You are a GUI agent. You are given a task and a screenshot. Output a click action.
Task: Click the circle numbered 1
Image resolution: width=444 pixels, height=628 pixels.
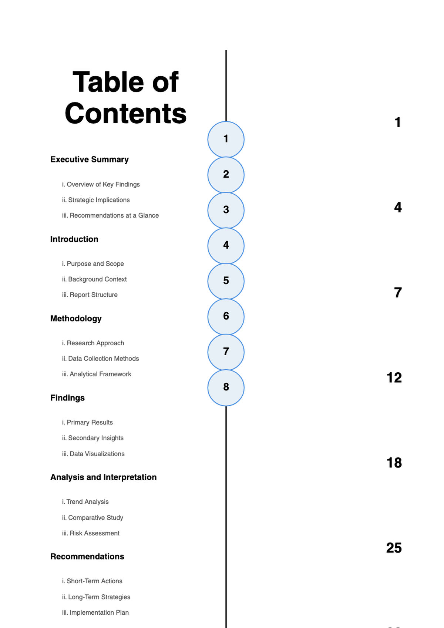226,139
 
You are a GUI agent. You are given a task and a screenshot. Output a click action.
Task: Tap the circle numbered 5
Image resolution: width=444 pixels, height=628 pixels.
226,281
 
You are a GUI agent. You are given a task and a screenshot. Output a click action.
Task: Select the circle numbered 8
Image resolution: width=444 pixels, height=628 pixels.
226,387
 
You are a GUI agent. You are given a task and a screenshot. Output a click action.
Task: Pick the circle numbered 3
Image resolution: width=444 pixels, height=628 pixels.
226,210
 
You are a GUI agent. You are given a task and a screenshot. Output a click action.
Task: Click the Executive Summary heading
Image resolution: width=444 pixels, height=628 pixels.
90,159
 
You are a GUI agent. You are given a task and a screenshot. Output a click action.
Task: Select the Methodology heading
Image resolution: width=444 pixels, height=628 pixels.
76,319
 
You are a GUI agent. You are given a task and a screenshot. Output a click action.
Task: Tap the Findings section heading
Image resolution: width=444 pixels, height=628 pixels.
67,398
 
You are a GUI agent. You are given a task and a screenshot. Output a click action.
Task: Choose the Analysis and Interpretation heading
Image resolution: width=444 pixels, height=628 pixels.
104,477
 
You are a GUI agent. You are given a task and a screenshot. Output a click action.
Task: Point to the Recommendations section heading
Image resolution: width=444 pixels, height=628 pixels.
87,557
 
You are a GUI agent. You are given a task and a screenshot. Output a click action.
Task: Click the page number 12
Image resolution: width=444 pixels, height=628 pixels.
394,378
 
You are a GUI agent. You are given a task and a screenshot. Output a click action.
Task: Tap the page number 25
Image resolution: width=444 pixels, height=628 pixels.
394,548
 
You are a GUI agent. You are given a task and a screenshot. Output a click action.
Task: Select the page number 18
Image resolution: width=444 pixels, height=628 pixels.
394,463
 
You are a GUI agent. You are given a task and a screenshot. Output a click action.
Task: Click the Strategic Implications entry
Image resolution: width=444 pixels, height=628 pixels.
96,200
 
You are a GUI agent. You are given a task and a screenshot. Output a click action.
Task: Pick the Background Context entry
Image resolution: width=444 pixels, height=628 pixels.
94,279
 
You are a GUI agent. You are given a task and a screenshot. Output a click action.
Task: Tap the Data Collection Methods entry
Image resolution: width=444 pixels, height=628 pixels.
101,359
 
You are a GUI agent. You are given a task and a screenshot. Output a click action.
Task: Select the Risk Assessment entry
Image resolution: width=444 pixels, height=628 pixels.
91,533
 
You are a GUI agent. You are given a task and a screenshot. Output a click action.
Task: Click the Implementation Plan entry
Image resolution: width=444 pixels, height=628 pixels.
95,612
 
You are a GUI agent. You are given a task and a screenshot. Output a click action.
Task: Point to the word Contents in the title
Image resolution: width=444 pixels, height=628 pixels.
125,113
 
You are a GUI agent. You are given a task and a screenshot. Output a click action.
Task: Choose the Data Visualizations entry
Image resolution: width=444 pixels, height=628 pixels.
93,454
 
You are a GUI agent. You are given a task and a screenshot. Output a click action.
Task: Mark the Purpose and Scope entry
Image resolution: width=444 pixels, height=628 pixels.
93,264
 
